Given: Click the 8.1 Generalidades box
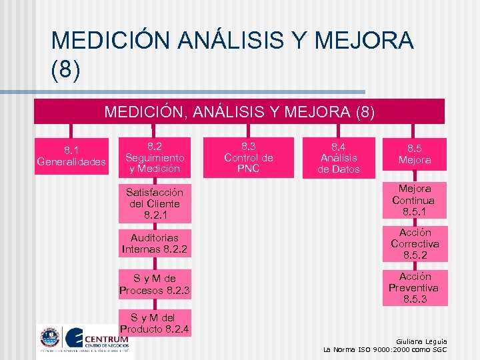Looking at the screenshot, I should (x=71, y=155).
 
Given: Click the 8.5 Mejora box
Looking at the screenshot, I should (x=415, y=155).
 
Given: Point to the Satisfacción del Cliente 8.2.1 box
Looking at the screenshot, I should (x=154, y=203).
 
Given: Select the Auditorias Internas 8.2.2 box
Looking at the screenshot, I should (x=154, y=243).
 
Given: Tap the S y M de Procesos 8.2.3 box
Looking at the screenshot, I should (x=154, y=283).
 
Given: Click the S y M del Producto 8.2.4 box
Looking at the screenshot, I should (x=154, y=323).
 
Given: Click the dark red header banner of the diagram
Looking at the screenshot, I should (x=239, y=111).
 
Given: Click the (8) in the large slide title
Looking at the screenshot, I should (x=66, y=71).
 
